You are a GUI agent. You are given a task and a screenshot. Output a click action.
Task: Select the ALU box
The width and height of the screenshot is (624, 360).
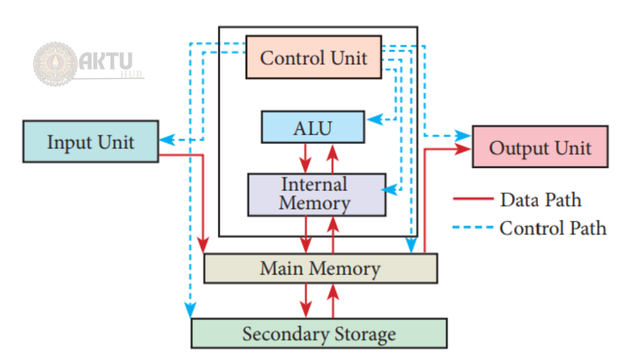pos(312,127)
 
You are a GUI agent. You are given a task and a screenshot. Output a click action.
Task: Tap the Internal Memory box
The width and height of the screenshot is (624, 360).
pos(316,194)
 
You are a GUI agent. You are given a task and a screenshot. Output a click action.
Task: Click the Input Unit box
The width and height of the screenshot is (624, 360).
pos(90,142)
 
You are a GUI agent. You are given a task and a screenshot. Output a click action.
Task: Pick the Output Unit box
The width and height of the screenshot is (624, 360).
pos(540,146)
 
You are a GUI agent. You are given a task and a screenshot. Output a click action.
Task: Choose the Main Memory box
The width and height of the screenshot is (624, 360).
pos(320,268)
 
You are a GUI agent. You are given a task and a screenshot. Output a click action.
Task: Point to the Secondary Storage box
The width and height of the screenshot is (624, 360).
pos(319,333)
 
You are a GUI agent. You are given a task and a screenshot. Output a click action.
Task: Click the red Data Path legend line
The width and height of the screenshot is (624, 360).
pos(472,199)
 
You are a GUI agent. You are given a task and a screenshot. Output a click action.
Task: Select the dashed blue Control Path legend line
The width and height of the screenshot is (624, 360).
pos(472,227)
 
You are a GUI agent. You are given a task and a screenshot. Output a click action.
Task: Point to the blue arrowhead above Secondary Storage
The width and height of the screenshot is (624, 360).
pos(191,311)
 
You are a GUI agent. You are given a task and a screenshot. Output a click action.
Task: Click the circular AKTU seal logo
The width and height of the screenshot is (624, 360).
pos(55,64)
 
